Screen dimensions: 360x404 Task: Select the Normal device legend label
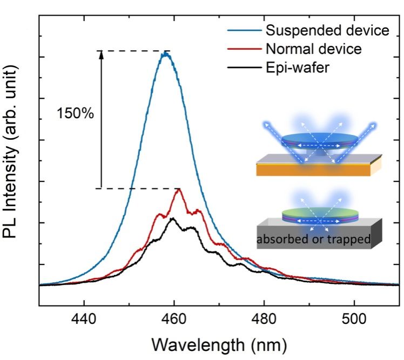[313, 49]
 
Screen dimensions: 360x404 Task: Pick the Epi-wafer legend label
[297, 68]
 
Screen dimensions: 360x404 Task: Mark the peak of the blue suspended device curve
[165, 53]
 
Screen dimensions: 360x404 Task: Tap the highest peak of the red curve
[179, 189]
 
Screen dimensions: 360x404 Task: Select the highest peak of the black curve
[173, 219]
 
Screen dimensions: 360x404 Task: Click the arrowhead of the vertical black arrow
[100, 54]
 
